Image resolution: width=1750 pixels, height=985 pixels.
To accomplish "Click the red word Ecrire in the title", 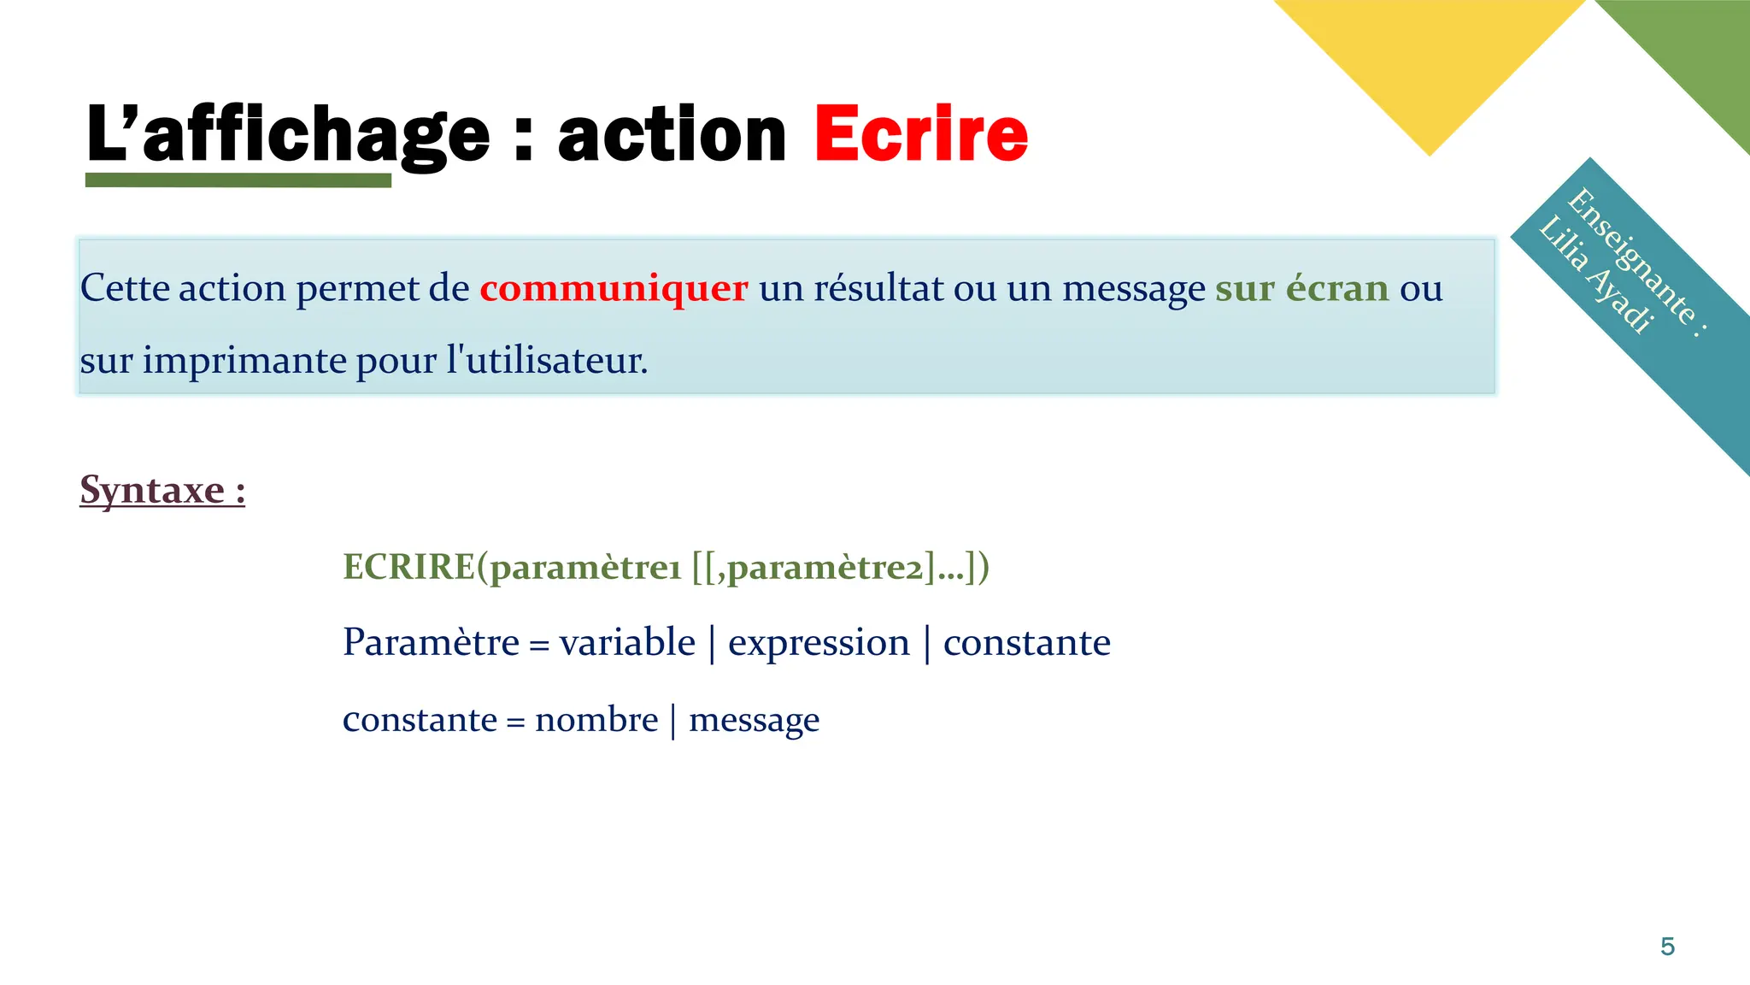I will (920, 134).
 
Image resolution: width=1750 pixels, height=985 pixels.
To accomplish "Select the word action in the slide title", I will (671, 134).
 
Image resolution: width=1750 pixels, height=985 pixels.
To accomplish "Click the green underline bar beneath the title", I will (238, 180).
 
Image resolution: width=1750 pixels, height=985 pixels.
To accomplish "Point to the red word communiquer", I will (613, 288).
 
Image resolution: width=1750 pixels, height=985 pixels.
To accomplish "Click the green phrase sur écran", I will (1301, 288).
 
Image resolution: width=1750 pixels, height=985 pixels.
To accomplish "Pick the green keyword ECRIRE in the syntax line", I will (408, 567).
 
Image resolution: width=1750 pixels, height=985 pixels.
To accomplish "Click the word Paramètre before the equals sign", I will (431, 642).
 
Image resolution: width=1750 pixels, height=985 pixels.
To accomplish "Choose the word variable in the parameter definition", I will (627, 642).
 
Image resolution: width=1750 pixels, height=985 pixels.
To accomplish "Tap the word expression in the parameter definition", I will (819, 642).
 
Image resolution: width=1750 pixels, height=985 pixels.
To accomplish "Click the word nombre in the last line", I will (596, 720).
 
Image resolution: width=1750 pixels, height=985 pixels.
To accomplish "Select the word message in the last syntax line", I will (754, 720).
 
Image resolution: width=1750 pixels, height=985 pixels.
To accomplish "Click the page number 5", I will (1667, 947).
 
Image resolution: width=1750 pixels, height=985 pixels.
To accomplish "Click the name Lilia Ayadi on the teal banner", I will (1594, 275).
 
